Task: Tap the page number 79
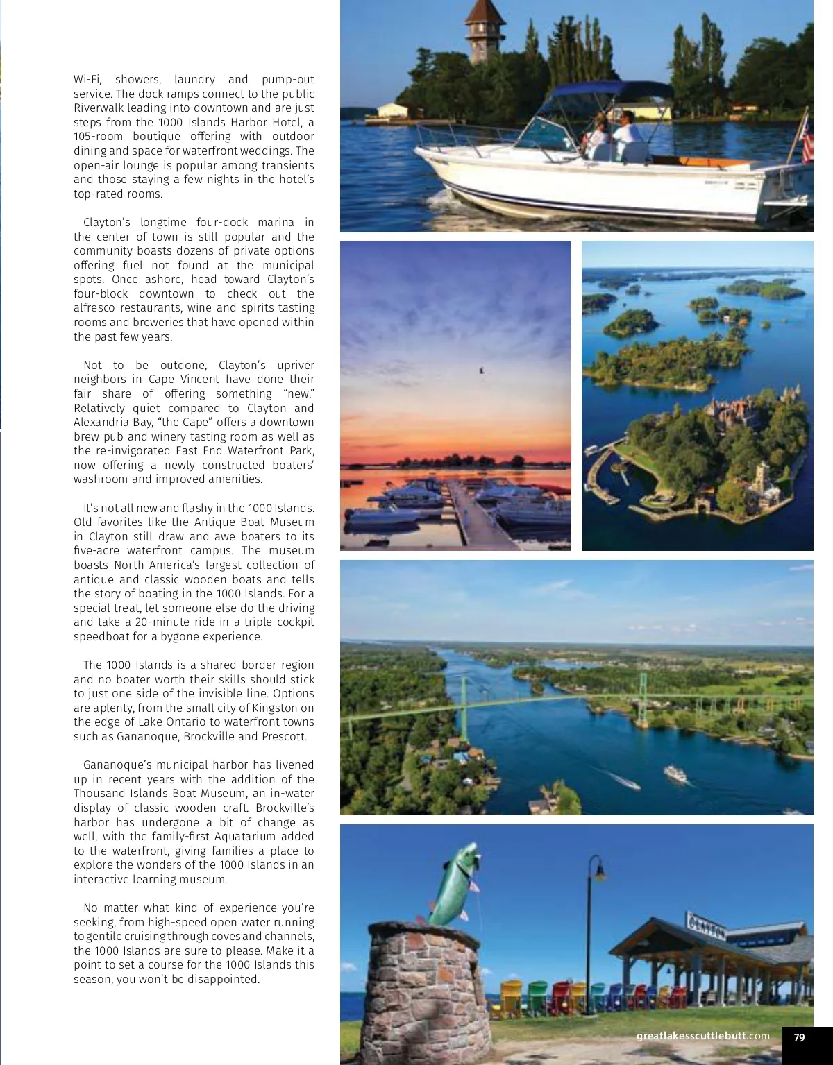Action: (799, 1037)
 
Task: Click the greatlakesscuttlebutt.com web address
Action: (702, 1037)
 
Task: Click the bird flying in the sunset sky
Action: (481, 371)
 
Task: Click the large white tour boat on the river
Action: (675, 773)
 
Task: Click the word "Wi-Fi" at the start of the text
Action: (87, 80)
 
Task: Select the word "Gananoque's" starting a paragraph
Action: (112, 765)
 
